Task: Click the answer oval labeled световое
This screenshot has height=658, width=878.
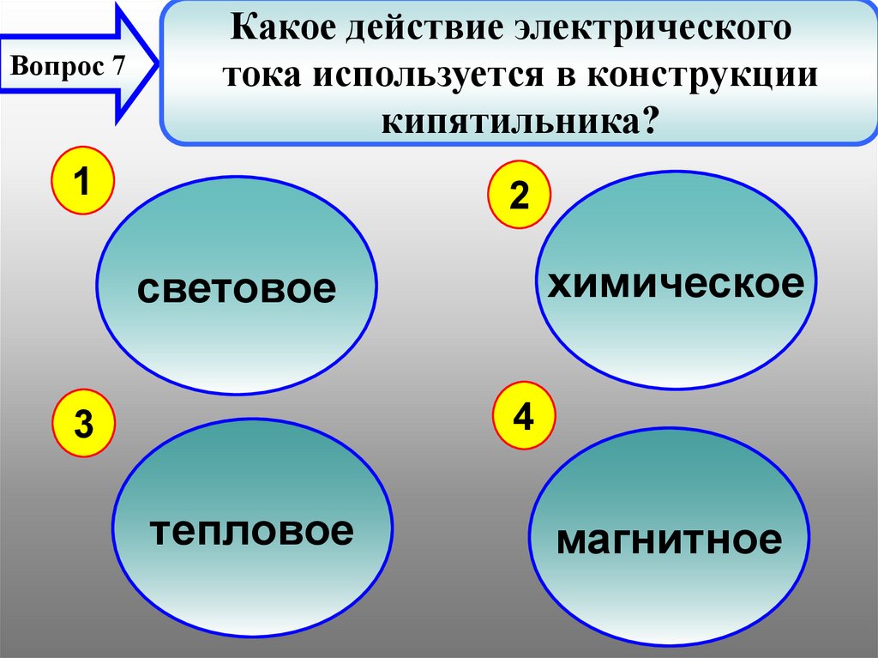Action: [x=236, y=289]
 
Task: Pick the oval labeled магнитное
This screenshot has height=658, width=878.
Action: [x=669, y=540]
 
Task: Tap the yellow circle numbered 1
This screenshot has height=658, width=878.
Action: [x=81, y=181]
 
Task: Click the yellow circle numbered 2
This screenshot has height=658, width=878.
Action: [x=519, y=196]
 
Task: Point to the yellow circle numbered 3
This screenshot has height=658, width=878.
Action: [x=83, y=424]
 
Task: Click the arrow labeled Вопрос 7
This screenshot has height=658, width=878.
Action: [x=77, y=65]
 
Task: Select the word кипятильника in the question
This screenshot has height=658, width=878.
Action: [x=509, y=118]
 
